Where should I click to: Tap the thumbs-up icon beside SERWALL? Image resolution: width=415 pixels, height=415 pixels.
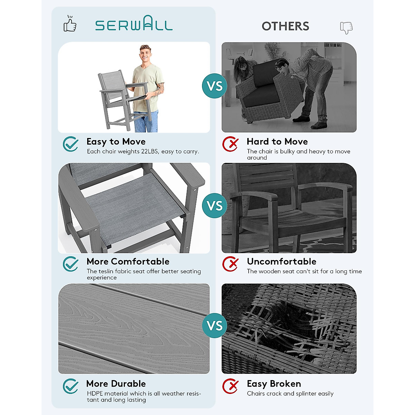click(x=70, y=24)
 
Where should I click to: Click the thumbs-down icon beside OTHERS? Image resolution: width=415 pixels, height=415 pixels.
click(x=346, y=27)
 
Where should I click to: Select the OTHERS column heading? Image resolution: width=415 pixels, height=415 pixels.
click(x=285, y=26)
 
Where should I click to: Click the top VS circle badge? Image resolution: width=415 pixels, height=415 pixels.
click(x=214, y=86)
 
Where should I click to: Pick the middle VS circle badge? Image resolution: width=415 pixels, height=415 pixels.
click(x=214, y=206)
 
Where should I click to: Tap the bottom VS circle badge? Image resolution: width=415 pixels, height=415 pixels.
click(x=214, y=325)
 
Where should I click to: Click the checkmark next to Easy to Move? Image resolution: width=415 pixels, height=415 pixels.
click(x=71, y=144)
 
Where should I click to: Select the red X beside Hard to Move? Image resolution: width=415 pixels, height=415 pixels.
click(x=230, y=144)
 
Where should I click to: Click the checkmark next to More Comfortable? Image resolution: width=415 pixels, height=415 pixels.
click(x=71, y=264)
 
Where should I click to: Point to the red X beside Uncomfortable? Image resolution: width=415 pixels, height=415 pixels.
click(x=230, y=264)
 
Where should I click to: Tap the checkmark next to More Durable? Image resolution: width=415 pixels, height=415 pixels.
click(x=71, y=386)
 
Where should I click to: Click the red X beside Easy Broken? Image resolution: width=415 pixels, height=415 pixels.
click(x=230, y=386)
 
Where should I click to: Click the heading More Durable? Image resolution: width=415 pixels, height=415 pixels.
click(x=116, y=384)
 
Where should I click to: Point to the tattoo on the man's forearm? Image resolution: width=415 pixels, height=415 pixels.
click(x=159, y=88)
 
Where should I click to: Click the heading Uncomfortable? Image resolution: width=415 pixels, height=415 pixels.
click(x=282, y=261)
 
